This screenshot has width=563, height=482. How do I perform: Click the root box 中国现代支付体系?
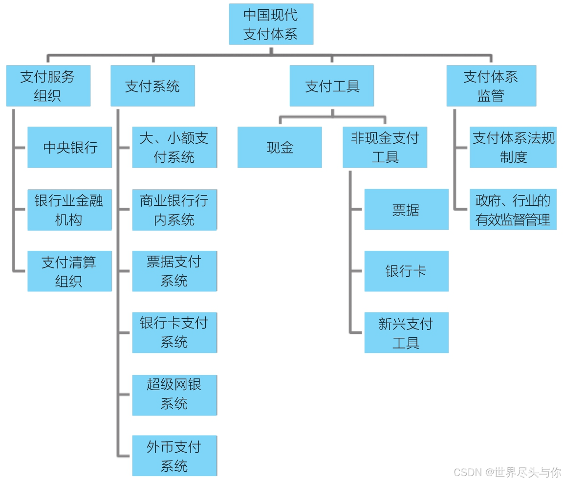(271, 24)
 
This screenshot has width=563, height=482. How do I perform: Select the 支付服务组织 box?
(48, 86)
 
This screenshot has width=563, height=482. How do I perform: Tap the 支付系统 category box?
(152, 86)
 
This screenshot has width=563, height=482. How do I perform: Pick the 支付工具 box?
(332, 86)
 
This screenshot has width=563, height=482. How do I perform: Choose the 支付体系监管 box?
(491, 86)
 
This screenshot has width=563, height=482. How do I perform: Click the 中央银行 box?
(70, 147)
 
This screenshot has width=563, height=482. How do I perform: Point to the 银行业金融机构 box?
(69, 210)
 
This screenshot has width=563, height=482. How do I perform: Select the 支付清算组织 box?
(69, 271)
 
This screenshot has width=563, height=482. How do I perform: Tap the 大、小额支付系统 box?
(174, 147)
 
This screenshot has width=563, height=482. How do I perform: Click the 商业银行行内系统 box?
(174, 210)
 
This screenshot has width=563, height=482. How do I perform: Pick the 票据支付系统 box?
(174, 271)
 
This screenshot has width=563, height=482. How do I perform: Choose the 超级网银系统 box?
(174, 395)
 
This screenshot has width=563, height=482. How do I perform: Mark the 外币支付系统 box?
(174, 456)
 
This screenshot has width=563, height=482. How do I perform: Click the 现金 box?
(280, 147)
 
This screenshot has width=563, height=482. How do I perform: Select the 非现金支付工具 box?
(385, 147)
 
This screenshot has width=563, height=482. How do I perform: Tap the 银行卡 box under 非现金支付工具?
(406, 271)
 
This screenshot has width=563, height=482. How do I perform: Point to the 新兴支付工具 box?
(406, 332)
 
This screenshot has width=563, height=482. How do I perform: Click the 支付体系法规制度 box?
(513, 147)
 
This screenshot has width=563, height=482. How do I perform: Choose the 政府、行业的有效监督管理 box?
(513, 210)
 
